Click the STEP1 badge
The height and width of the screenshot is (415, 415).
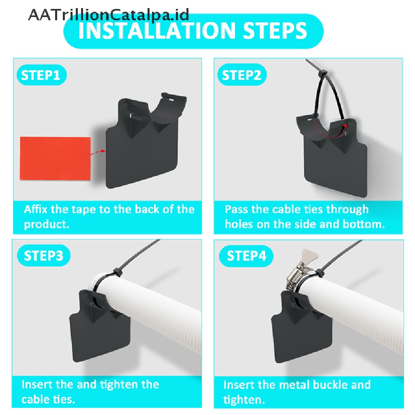pos(42,75)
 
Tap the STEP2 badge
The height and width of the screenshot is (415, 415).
pos(242,75)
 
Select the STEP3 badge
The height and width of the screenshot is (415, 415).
pos(44,256)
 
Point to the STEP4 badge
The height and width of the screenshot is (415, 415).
pos(246,256)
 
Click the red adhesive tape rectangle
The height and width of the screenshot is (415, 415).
pos(55,158)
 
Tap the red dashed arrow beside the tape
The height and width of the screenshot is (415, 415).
pos(98,152)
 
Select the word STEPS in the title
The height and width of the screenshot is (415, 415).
pos(275,31)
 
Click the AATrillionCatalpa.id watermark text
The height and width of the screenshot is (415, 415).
pos(109,15)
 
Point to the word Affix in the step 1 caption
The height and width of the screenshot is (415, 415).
pos(36,209)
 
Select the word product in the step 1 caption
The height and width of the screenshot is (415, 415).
pos(47,225)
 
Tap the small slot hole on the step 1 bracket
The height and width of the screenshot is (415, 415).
pos(171,100)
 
